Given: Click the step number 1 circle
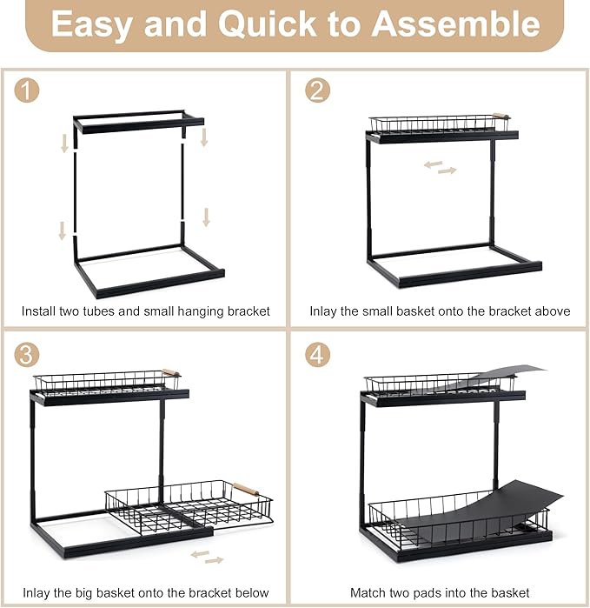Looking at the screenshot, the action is pyautogui.click(x=27, y=90).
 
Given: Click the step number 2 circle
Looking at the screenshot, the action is pyautogui.click(x=317, y=90).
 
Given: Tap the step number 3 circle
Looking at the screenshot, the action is pyautogui.click(x=27, y=355).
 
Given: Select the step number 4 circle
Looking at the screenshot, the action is pyautogui.click(x=317, y=355).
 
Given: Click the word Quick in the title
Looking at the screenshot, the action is pyautogui.click(x=267, y=24).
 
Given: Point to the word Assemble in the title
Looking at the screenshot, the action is pyautogui.click(x=455, y=23).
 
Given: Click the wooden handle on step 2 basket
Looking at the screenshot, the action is pyautogui.click(x=501, y=116).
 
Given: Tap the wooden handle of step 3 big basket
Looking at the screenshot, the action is pyautogui.click(x=247, y=489).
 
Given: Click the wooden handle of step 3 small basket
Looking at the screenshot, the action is pyautogui.click(x=170, y=372).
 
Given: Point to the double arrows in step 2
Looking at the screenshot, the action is pyautogui.click(x=440, y=167).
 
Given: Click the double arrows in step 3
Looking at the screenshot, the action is pyautogui.click(x=208, y=557).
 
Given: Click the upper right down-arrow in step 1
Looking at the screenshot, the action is pyautogui.click(x=204, y=137).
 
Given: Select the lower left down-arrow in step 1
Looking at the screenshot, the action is pyautogui.click(x=62, y=231).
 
